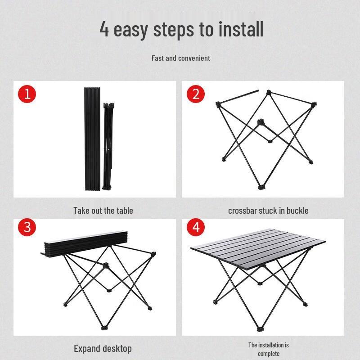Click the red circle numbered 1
[27, 94]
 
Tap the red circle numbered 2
[196, 94]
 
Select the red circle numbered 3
[27, 227]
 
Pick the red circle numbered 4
[196, 227]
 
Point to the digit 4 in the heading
[104, 30]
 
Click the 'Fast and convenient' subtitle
[180, 58]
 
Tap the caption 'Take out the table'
[103, 210]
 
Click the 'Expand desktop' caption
[103, 348]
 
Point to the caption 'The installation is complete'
[269, 349]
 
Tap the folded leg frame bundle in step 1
[108, 146]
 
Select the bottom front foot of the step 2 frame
[260, 186]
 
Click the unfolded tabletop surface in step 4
[258, 247]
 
